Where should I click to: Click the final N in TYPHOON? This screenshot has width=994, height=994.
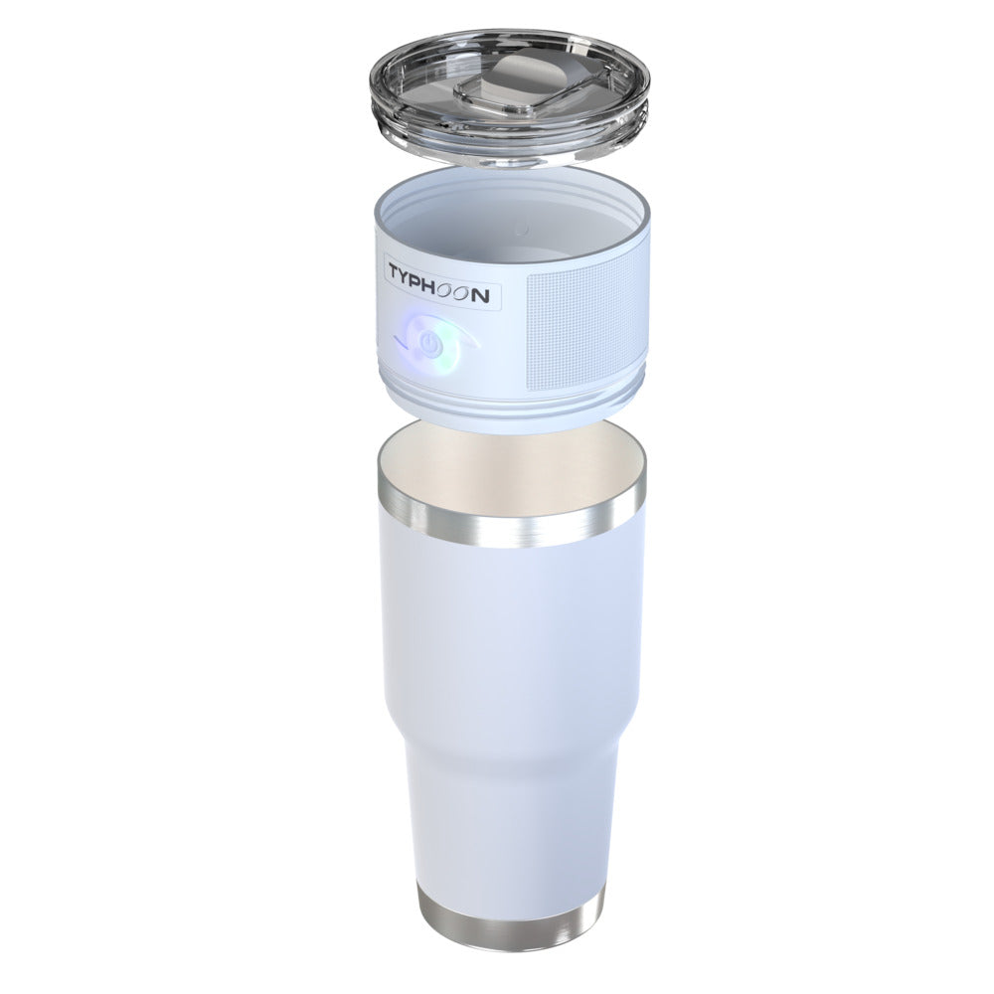coord(481,296)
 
